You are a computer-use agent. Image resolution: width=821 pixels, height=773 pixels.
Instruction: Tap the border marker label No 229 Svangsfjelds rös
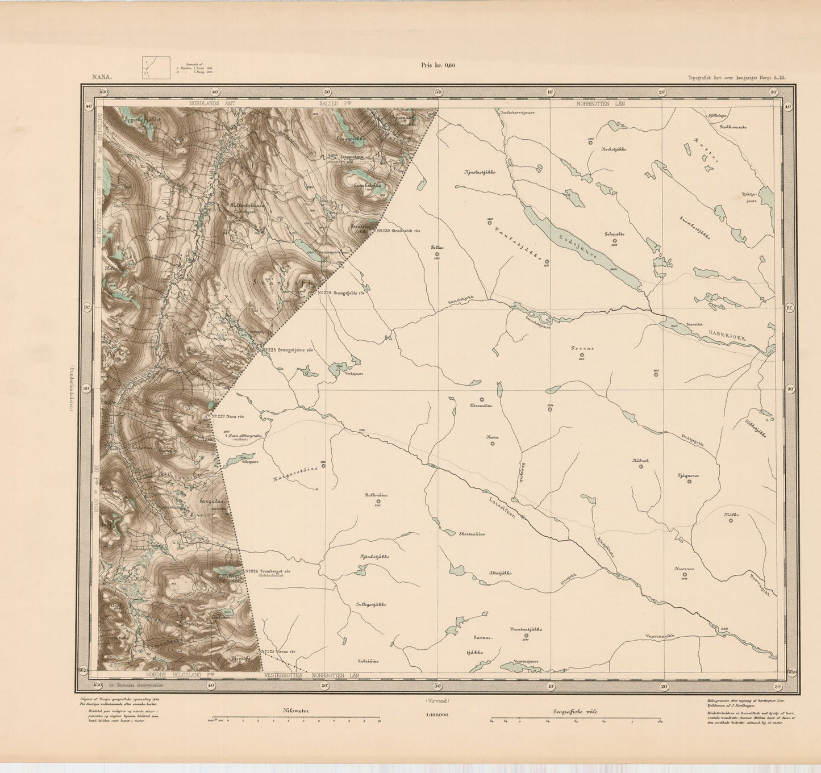tap(344, 293)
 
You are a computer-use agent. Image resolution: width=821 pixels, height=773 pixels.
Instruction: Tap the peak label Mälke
tap(731, 515)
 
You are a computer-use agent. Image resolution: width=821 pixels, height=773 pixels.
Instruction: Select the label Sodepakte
tap(614, 233)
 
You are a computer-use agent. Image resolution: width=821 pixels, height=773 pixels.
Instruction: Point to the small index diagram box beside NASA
tap(156, 67)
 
